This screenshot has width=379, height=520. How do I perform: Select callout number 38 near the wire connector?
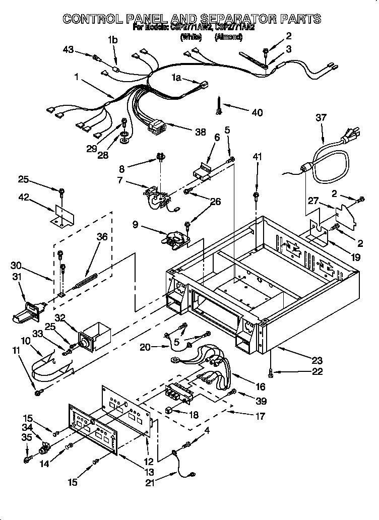200,132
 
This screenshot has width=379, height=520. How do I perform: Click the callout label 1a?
176,78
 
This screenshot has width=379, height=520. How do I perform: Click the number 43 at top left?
69,49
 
